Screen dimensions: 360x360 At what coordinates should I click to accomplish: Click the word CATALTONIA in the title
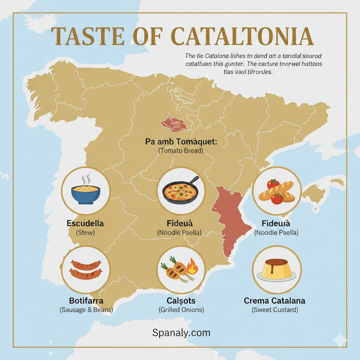pyautogui.click(x=242, y=36)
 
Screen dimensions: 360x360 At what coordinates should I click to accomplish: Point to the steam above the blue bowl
pyautogui.click(x=85, y=180)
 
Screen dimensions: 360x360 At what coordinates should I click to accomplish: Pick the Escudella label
pyautogui.click(x=85, y=224)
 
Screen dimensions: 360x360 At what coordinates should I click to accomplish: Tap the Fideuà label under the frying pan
pyautogui.click(x=180, y=224)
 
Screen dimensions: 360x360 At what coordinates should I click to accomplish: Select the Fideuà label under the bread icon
pyautogui.click(x=276, y=224)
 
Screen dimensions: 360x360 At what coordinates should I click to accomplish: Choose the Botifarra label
pyautogui.click(x=86, y=301)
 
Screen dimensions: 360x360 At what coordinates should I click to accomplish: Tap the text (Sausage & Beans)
pyautogui.click(x=86, y=310)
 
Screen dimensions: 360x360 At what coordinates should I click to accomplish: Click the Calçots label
pyautogui.click(x=181, y=301)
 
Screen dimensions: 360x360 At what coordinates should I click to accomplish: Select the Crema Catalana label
pyautogui.click(x=275, y=301)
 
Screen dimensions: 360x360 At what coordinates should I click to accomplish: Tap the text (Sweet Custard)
pyautogui.click(x=275, y=310)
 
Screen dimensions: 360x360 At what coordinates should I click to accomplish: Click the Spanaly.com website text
pyautogui.click(x=181, y=333)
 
